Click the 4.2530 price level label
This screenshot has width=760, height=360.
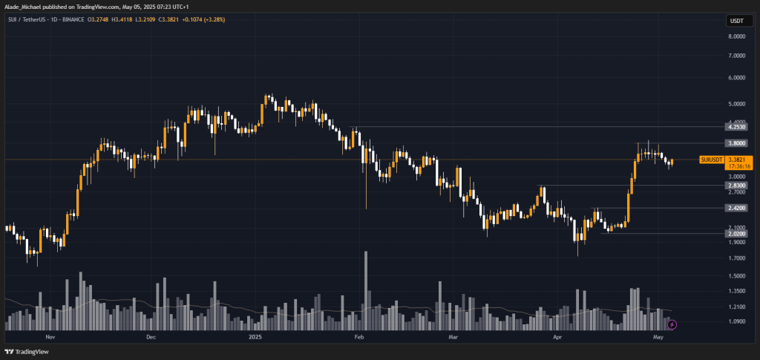pos(737,127)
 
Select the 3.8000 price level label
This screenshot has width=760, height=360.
pos(737,143)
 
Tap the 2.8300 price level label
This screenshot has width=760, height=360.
pos(737,185)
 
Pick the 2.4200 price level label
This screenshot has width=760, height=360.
pos(737,208)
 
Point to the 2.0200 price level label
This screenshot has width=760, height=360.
pos(737,234)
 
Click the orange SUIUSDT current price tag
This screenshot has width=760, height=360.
pos(727,163)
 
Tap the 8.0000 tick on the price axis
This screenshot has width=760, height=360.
pos(737,36)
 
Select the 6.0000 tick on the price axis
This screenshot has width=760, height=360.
pos(737,77)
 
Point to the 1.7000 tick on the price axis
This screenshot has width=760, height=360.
pos(737,258)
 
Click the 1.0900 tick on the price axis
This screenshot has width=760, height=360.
pos(737,321)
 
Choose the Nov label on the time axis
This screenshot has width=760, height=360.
pos(50,337)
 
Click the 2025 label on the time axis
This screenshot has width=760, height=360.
pos(255,337)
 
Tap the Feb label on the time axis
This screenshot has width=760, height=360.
pos(358,337)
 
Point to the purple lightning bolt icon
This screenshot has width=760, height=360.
pos(672,324)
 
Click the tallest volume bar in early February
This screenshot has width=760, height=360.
pos(366,291)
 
